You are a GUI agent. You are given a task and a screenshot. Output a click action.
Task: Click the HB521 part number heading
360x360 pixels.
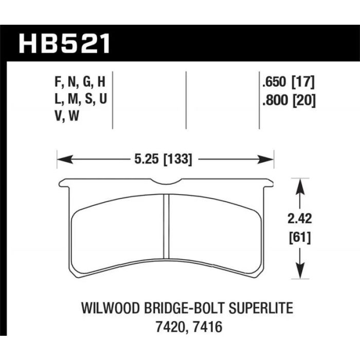click(x=64, y=44)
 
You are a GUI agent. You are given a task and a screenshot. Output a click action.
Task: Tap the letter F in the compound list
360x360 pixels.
click(x=58, y=82)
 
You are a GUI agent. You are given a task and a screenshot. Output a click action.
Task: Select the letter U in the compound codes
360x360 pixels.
click(x=103, y=99)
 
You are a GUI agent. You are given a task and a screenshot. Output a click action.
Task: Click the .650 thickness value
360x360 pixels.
click(x=275, y=82)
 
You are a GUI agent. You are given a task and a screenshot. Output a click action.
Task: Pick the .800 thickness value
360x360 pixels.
click(x=275, y=100)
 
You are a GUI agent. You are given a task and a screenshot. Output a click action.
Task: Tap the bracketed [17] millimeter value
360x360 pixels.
click(x=303, y=82)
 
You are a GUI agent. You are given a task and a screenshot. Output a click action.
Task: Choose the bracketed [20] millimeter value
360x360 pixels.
click(x=304, y=100)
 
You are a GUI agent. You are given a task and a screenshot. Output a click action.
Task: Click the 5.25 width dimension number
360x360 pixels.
click(x=146, y=159)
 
